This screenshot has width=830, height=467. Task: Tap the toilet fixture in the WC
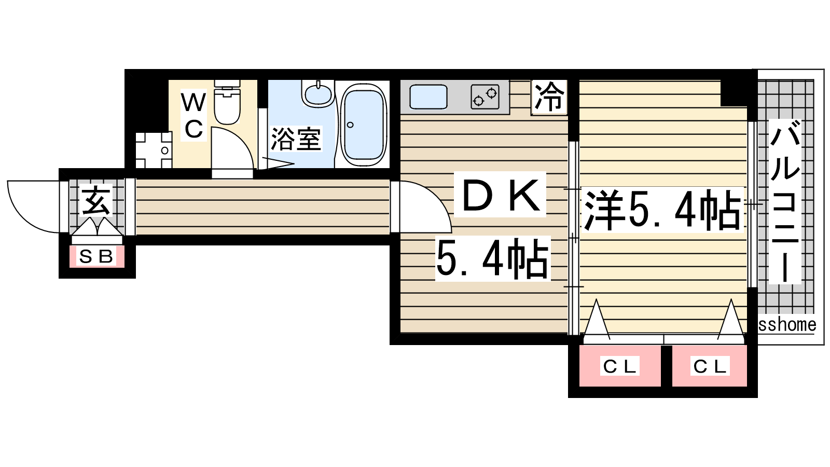227,102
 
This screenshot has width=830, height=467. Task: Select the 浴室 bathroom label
296,139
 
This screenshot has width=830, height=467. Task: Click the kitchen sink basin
428,97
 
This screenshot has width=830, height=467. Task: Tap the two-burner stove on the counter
485,97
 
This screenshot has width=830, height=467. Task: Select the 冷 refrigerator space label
549,97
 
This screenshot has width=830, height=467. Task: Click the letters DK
500,195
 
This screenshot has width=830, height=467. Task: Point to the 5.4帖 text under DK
492,259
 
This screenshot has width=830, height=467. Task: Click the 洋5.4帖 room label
662,210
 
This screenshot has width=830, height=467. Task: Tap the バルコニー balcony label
784,202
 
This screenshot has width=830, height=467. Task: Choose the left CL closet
619,366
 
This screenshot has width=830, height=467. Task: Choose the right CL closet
710,366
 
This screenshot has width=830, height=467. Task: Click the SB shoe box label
96,256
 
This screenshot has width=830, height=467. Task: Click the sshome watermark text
787,325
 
